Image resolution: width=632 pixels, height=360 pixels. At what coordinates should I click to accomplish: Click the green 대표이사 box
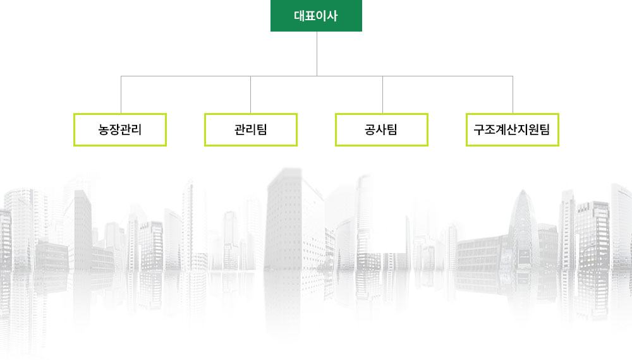coord(316,16)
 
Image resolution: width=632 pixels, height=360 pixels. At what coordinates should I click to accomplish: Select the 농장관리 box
coord(120,129)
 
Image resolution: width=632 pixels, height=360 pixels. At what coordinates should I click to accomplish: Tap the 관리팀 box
coord(251,129)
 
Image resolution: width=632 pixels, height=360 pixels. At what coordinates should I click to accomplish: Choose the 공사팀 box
coord(381,129)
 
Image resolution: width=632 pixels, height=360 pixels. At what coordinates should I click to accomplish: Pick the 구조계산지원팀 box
coord(513,129)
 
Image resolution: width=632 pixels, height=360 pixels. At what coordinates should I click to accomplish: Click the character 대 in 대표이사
coord(300,16)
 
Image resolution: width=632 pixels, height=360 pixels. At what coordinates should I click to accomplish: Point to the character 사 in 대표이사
coord(332,16)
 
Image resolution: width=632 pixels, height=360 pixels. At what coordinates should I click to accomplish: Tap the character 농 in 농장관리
coord(104,129)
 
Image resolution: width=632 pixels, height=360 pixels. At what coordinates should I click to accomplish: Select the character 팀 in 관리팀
coord(262,129)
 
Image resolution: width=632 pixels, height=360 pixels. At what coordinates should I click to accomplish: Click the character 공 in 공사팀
coord(370,129)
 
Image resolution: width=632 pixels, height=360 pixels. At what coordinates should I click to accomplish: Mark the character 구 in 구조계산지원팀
coord(479,129)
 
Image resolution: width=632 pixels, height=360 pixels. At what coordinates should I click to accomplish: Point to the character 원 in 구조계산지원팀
coord(533,129)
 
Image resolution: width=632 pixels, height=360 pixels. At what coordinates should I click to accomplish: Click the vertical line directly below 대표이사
coord(317,54)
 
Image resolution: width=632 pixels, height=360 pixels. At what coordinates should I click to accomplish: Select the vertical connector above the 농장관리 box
coord(121,95)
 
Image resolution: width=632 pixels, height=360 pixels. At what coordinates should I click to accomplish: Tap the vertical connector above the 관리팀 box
coord(251,95)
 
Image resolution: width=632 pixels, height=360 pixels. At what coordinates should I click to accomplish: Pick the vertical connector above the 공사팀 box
coord(382,95)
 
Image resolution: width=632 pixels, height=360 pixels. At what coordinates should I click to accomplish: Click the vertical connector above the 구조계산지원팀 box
coord(513,95)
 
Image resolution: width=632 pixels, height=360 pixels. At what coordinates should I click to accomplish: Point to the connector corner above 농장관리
coord(121,76)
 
